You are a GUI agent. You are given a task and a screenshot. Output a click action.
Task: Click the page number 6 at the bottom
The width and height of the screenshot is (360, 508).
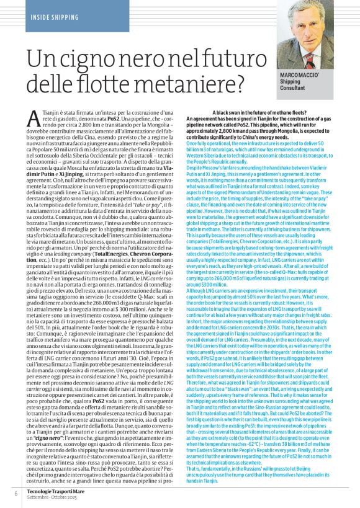[16, 493]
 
